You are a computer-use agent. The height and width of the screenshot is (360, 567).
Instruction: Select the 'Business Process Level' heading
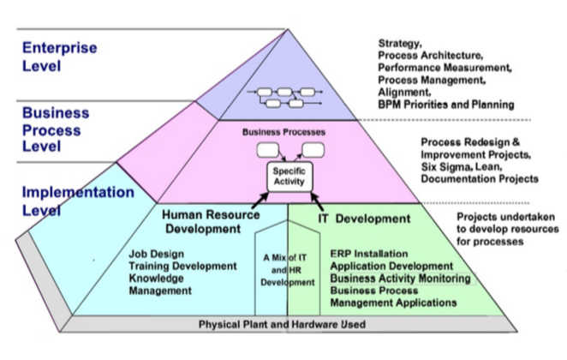55,128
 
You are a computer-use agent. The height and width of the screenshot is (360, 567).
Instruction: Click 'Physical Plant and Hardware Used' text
282,325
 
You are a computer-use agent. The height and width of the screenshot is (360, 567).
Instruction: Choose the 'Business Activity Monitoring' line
400,279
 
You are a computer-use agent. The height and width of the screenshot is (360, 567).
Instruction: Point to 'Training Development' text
182,267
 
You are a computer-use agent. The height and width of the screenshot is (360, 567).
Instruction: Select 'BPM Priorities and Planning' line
445,105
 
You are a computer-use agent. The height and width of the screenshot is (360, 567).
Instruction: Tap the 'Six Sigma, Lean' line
463,168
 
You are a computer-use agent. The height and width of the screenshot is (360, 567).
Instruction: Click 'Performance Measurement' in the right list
445,67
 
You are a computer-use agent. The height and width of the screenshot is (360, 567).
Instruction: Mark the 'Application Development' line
391,267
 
